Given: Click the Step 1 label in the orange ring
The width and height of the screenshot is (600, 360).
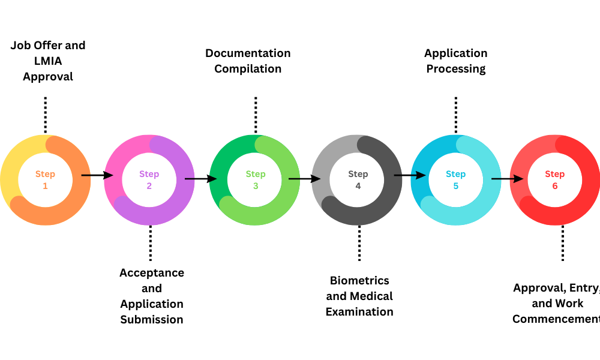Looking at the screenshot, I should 45,180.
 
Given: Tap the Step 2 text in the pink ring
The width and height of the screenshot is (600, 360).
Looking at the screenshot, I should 149,180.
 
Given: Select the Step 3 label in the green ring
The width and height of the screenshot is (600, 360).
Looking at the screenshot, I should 256,180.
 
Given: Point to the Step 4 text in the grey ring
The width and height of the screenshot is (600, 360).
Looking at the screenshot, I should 358,180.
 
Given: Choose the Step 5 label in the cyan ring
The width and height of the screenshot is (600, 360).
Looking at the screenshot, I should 455,180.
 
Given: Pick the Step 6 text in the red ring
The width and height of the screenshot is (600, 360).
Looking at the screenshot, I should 555,180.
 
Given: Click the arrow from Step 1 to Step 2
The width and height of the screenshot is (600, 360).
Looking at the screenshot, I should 97,175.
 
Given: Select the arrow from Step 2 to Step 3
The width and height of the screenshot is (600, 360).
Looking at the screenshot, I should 200,178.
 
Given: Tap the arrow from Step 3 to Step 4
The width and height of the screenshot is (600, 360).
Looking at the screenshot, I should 304,178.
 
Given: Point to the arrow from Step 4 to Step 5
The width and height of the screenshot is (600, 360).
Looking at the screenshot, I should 410,176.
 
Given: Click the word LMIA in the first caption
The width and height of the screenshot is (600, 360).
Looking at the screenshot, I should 48,61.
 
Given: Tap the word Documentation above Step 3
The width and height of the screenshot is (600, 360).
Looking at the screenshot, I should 248,53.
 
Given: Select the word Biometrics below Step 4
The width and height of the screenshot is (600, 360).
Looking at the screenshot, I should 359,280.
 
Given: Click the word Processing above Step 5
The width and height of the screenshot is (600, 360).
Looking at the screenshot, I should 456,68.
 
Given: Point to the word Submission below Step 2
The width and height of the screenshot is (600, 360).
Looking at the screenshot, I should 152,319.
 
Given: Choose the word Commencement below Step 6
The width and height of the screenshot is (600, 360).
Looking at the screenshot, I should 556,319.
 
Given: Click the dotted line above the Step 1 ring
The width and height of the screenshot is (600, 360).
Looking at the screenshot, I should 45,114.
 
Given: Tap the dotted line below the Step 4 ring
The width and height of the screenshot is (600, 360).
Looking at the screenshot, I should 359,243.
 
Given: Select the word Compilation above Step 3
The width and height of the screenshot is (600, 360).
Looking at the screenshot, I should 248,68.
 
